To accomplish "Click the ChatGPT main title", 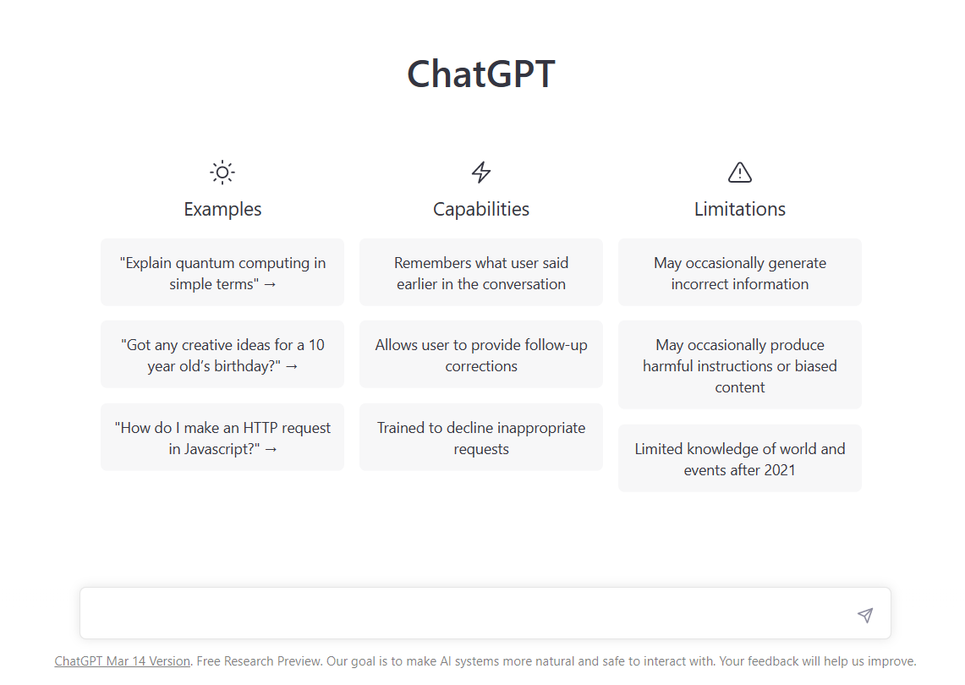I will [480, 74].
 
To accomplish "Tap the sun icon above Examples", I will [222, 173].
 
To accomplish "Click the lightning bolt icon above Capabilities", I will [481, 173].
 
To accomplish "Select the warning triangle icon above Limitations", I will [740, 173].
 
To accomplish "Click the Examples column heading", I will [222, 209].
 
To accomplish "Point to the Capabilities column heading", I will [481, 209].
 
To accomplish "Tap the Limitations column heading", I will [740, 209].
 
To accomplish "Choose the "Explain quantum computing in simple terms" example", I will [222, 272].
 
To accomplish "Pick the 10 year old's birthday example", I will [222, 354].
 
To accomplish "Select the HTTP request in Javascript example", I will [222, 437].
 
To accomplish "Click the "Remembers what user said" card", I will [481, 272].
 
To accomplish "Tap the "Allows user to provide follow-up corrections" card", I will [481, 354].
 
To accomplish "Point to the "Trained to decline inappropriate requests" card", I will [481, 437].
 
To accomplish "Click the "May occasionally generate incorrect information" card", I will [740, 272].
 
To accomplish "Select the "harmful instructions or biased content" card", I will [740, 365].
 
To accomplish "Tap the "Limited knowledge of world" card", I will [740, 458].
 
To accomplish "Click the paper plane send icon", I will [864, 615].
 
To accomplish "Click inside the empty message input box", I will [465, 614].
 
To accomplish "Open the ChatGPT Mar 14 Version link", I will [123, 661].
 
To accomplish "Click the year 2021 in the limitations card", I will [779, 470].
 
